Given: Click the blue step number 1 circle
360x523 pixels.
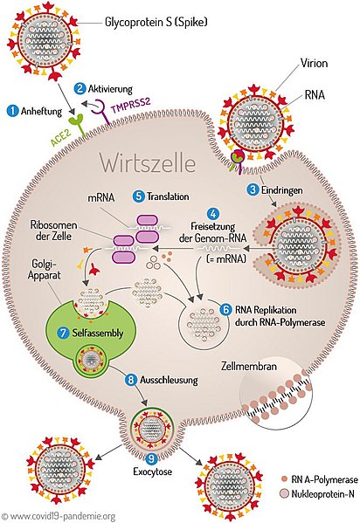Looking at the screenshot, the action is [x=13, y=111].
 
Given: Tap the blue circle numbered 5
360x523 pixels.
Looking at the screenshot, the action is [x=138, y=196].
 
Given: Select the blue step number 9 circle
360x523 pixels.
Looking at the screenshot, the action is [x=152, y=458].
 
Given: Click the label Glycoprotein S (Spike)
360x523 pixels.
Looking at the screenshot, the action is [x=156, y=23].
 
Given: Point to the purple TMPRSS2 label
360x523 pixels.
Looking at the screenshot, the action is [x=130, y=105].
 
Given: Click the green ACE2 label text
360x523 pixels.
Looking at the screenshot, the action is [x=61, y=138].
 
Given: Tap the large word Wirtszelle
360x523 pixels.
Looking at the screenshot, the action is [x=148, y=163].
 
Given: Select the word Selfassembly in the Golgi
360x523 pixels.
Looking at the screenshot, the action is [x=98, y=333].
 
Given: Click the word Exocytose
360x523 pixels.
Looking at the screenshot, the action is [x=152, y=471].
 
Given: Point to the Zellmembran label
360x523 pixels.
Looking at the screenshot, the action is [x=249, y=366].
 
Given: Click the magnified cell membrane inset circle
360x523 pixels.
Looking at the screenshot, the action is [x=276, y=398].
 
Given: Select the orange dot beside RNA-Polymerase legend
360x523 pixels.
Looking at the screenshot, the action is [x=285, y=479].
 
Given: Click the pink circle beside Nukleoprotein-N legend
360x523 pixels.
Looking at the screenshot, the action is [x=285, y=493].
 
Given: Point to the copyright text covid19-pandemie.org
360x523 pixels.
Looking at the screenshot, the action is [x=59, y=516].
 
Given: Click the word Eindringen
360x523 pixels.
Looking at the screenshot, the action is [x=282, y=190].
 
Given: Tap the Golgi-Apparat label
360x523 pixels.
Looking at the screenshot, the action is [x=44, y=270].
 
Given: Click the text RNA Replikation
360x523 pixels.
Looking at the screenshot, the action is [x=266, y=310].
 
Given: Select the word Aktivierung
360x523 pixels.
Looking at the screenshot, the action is [x=110, y=89].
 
